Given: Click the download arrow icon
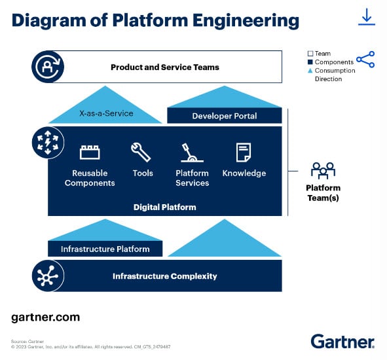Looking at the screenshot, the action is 367,17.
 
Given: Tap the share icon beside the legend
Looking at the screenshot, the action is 365,60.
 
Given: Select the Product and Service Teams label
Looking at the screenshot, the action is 165,67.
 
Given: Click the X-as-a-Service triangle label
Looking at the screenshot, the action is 106,113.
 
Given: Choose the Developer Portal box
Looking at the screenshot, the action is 225,116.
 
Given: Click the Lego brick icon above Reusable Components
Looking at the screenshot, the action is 90,153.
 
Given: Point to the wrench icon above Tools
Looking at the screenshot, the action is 141,152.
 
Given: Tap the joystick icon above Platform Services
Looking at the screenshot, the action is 192,153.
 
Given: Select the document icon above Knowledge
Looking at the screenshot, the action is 244,153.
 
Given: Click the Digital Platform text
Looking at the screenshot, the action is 165,207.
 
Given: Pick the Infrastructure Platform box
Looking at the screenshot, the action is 105,249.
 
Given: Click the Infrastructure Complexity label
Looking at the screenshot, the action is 165,276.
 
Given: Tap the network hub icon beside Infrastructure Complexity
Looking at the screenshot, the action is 48,276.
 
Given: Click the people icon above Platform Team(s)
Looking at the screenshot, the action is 323,170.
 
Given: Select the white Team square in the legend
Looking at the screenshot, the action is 310,54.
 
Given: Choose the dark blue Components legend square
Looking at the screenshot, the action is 310,62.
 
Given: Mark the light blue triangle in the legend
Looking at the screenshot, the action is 310,71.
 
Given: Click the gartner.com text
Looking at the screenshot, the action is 46,317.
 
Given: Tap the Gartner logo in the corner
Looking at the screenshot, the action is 342,342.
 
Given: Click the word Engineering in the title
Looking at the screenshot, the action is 246,21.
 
